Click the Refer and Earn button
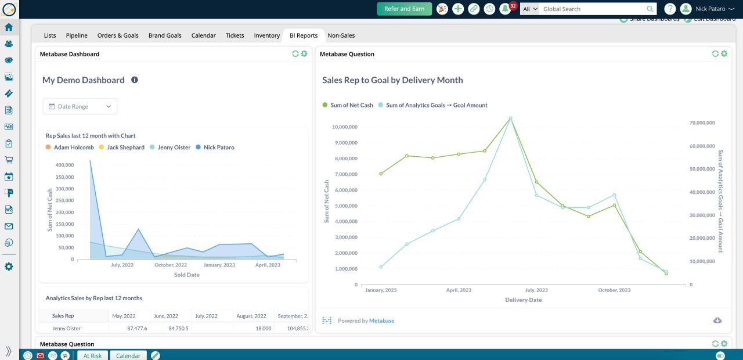tap(404, 9)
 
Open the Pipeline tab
tap(77, 35)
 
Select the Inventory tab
tap(266, 35)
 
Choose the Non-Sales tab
tap(341, 35)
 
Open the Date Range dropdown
tap(80, 106)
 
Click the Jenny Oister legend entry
tap(174, 147)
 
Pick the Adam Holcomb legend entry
tap(73, 147)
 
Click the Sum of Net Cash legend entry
tap(351, 105)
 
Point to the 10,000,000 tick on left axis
tap(344, 127)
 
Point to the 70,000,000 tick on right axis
tap(702, 123)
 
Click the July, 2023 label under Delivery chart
tap(536, 290)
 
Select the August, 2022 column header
tap(251, 316)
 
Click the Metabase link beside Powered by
tap(381, 321)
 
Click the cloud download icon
tap(717, 321)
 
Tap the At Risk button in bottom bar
tap(92, 355)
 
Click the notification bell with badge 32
tap(505, 9)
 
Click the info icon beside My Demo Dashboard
tap(135, 80)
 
